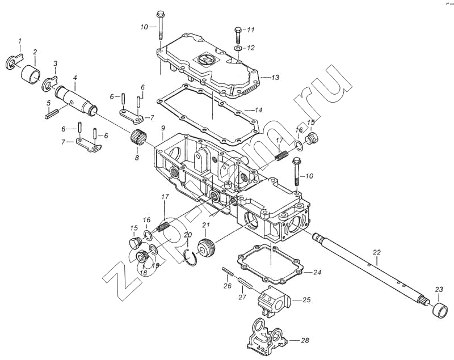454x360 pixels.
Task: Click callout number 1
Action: coord(20,41)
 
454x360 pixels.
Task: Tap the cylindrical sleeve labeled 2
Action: coord(31,74)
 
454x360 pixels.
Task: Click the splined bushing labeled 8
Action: coord(138,138)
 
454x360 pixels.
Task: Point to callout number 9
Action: coord(163,128)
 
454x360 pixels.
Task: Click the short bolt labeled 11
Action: coord(238,34)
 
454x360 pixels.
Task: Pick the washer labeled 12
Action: coord(238,47)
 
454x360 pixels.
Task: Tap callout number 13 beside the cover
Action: coord(275,78)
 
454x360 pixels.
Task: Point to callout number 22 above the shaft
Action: coord(376,252)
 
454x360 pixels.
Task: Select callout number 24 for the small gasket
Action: coord(317,272)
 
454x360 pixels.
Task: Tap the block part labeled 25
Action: coord(274,300)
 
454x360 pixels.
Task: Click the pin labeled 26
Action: coord(228,272)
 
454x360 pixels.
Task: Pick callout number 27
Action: coord(242,297)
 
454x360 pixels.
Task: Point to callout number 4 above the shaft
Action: coord(75,78)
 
